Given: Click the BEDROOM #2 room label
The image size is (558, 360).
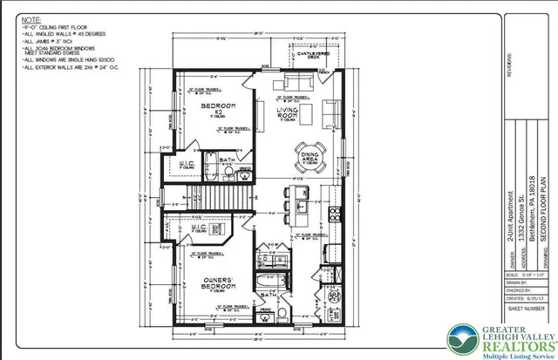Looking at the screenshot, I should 214,109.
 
